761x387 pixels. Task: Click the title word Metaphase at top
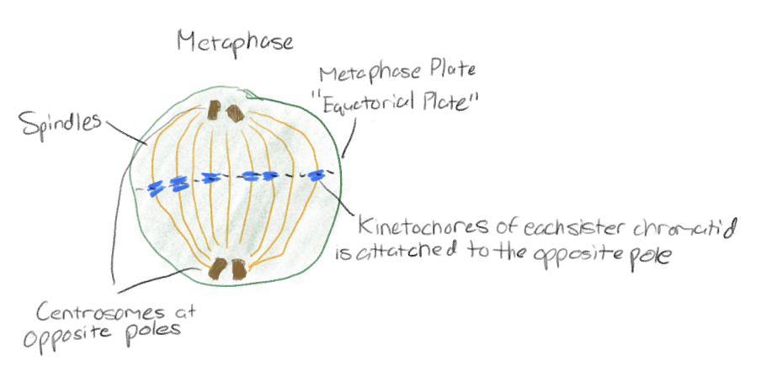pos(235,41)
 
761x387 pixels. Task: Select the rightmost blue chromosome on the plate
pos(317,175)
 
